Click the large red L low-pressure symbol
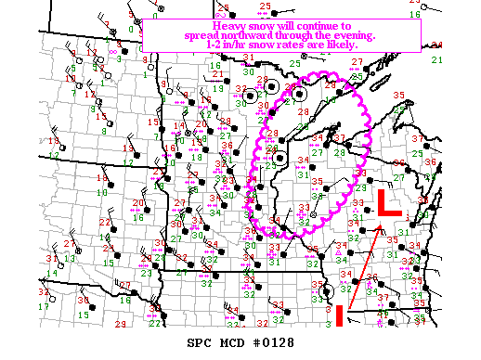pyautogui.click(x=389, y=204)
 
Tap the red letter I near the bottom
pyautogui.click(x=340, y=315)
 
